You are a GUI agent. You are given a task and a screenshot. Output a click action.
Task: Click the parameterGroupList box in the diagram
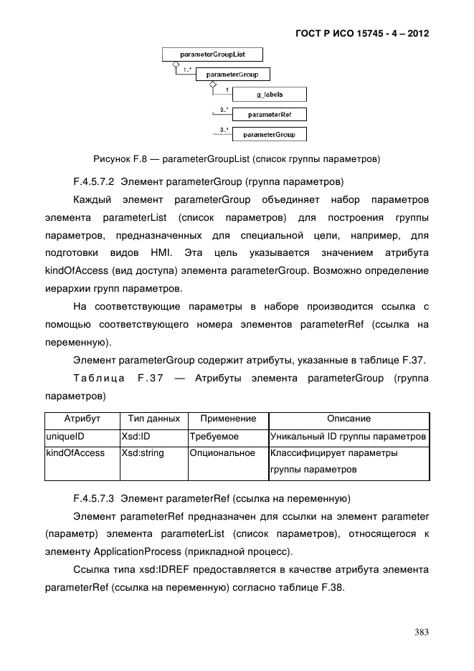(213, 54)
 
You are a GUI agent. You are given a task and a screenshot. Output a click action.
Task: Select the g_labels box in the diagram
(270, 95)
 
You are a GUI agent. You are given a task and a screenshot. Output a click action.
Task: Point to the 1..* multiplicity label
(186, 69)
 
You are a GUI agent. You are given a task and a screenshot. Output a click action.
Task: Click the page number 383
(422, 632)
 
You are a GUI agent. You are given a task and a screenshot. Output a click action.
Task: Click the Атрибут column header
(82, 419)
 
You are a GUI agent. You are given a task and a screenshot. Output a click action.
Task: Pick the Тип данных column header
(153, 419)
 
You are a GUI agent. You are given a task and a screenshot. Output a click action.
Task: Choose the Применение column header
(227, 419)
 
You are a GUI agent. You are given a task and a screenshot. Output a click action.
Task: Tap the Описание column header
(349, 419)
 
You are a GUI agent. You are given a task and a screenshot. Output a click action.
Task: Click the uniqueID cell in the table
(65, 436)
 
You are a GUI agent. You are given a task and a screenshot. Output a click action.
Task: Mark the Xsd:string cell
(142, 453)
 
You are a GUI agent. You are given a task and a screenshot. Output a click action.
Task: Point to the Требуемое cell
(214, 436)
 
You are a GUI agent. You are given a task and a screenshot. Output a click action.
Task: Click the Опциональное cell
(223, 453)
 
